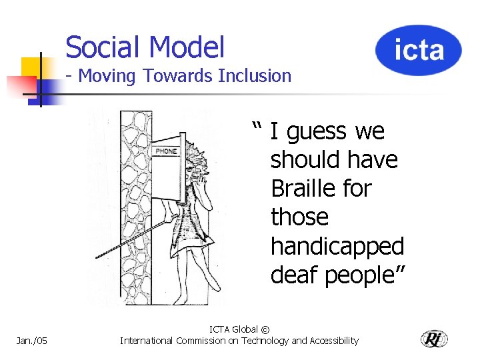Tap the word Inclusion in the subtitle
255,76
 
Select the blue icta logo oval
418,50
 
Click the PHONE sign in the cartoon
166,151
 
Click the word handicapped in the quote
337,247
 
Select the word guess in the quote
317,133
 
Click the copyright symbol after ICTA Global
266,329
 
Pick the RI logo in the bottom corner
434,339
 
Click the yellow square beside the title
30,67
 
